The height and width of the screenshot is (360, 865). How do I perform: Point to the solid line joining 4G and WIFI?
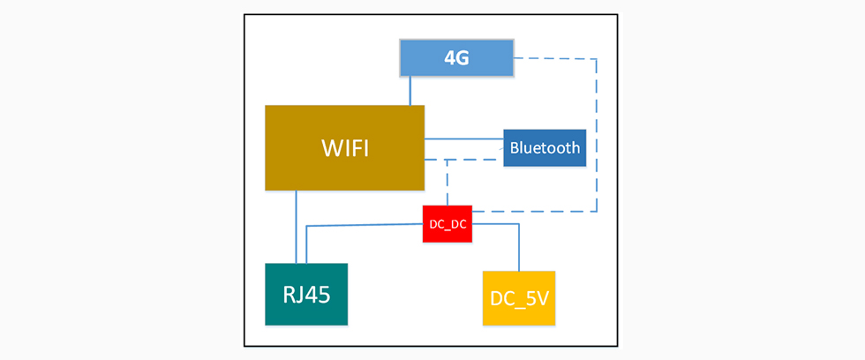[410, 92]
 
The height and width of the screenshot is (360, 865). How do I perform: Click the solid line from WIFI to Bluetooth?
[463, 139]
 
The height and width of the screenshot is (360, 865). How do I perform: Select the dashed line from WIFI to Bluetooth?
[468, 160]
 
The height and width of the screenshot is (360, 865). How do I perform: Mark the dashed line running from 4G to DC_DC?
[597, 132]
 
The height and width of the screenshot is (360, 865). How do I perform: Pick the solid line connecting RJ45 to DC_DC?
[362, 226]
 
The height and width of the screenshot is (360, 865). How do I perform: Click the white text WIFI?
[344, 147]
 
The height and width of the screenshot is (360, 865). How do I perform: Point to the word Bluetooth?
[545, 147]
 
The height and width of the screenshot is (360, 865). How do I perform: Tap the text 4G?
[456, 58]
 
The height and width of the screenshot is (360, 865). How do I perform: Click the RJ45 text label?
[306, 294]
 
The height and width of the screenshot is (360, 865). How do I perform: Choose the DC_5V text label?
[519, 299]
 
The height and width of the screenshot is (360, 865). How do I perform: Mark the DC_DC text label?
[448, 225]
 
